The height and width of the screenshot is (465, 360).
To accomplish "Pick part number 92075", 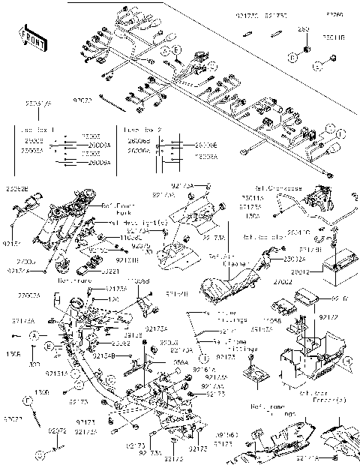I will [141, 245].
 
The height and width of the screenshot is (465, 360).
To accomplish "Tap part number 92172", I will [329, 317].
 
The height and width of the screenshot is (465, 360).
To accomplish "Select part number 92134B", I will [103, 356].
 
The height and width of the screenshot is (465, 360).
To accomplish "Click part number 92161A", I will [205, 369].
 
